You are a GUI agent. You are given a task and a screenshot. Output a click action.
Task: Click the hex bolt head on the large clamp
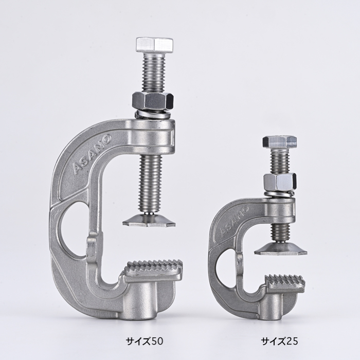[154, 45]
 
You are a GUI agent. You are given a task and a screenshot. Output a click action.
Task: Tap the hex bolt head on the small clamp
[280, 142]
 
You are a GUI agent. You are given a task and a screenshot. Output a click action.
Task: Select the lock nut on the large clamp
[153, 101]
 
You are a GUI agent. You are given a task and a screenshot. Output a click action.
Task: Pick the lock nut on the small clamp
[280, 181]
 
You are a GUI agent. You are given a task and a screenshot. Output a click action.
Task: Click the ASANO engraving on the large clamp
[92, 154]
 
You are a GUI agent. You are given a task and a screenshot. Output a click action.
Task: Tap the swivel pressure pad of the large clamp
[149, 220]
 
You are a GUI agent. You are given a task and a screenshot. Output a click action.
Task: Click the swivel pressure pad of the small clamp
[281, 248]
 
